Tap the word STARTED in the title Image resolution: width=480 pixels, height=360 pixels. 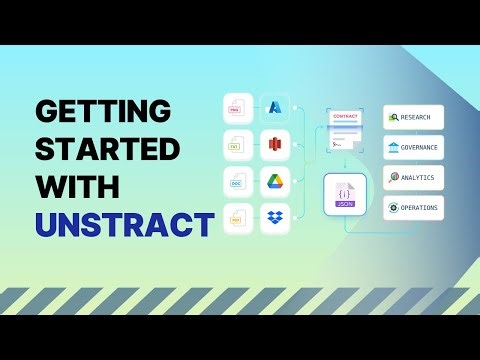tap(107, 149)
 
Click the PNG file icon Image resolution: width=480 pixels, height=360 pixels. tap(237, 107)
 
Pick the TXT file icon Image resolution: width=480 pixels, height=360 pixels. tap(237, 145)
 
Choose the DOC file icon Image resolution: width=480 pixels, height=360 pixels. tap(237, 183)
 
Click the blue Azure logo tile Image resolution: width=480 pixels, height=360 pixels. tap(275, 107)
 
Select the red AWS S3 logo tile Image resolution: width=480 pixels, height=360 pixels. tap(275, 145)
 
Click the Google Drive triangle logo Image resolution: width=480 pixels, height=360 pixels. tap(275, 183)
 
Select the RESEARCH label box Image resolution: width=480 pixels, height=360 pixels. tap(412, 117)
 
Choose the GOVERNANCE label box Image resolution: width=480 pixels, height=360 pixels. tap(412, 147)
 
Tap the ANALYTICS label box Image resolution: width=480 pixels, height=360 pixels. tap(412, 178)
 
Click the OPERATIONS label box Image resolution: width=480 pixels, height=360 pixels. tap(412, 209)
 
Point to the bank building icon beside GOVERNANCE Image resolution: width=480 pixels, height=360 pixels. tap(393, 147)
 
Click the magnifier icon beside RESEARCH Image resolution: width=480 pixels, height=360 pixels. tap(393, 117)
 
